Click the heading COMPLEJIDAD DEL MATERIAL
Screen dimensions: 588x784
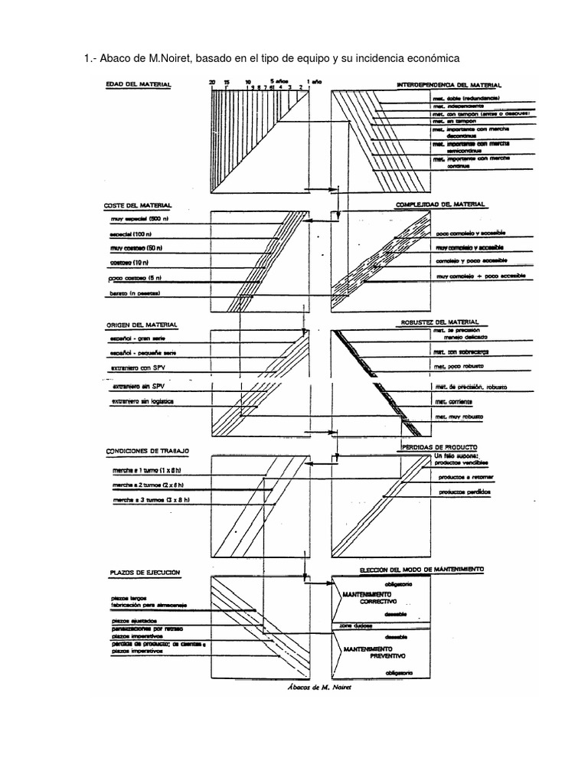coord(440,204)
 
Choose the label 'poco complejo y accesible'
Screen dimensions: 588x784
coord(471,233)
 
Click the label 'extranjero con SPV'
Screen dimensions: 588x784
coord(138,369)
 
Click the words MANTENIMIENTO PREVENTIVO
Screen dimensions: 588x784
coord(373,652)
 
